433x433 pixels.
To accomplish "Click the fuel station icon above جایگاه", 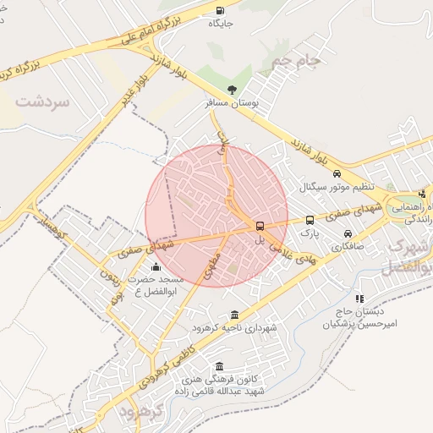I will [x=220, y=11].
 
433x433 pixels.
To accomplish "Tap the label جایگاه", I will [x=220, y=24].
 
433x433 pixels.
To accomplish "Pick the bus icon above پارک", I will [x=310, y=220].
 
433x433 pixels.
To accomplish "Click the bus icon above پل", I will [x=260, y=226].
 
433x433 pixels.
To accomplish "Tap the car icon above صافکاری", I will [x=347, y=233].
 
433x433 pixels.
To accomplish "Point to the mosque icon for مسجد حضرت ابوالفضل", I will [x=155, y=267].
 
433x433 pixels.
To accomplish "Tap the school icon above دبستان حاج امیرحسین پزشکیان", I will [x=359, y=299].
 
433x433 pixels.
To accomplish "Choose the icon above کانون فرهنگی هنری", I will [x=221, y=366].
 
